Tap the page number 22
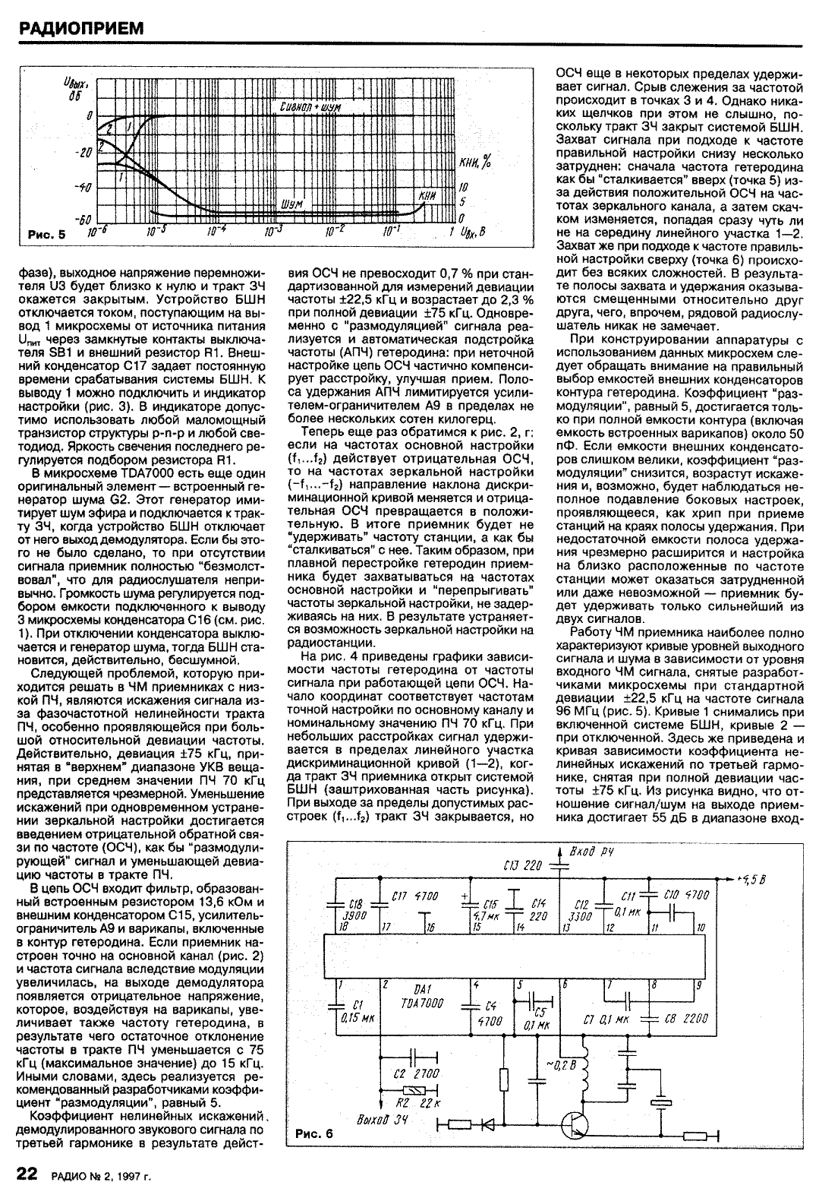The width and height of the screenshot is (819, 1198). [27, 1177]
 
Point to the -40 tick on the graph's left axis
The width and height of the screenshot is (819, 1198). [84, 187]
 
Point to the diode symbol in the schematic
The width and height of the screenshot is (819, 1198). [484, 1124]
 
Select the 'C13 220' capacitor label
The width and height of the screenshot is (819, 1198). [523, 865]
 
